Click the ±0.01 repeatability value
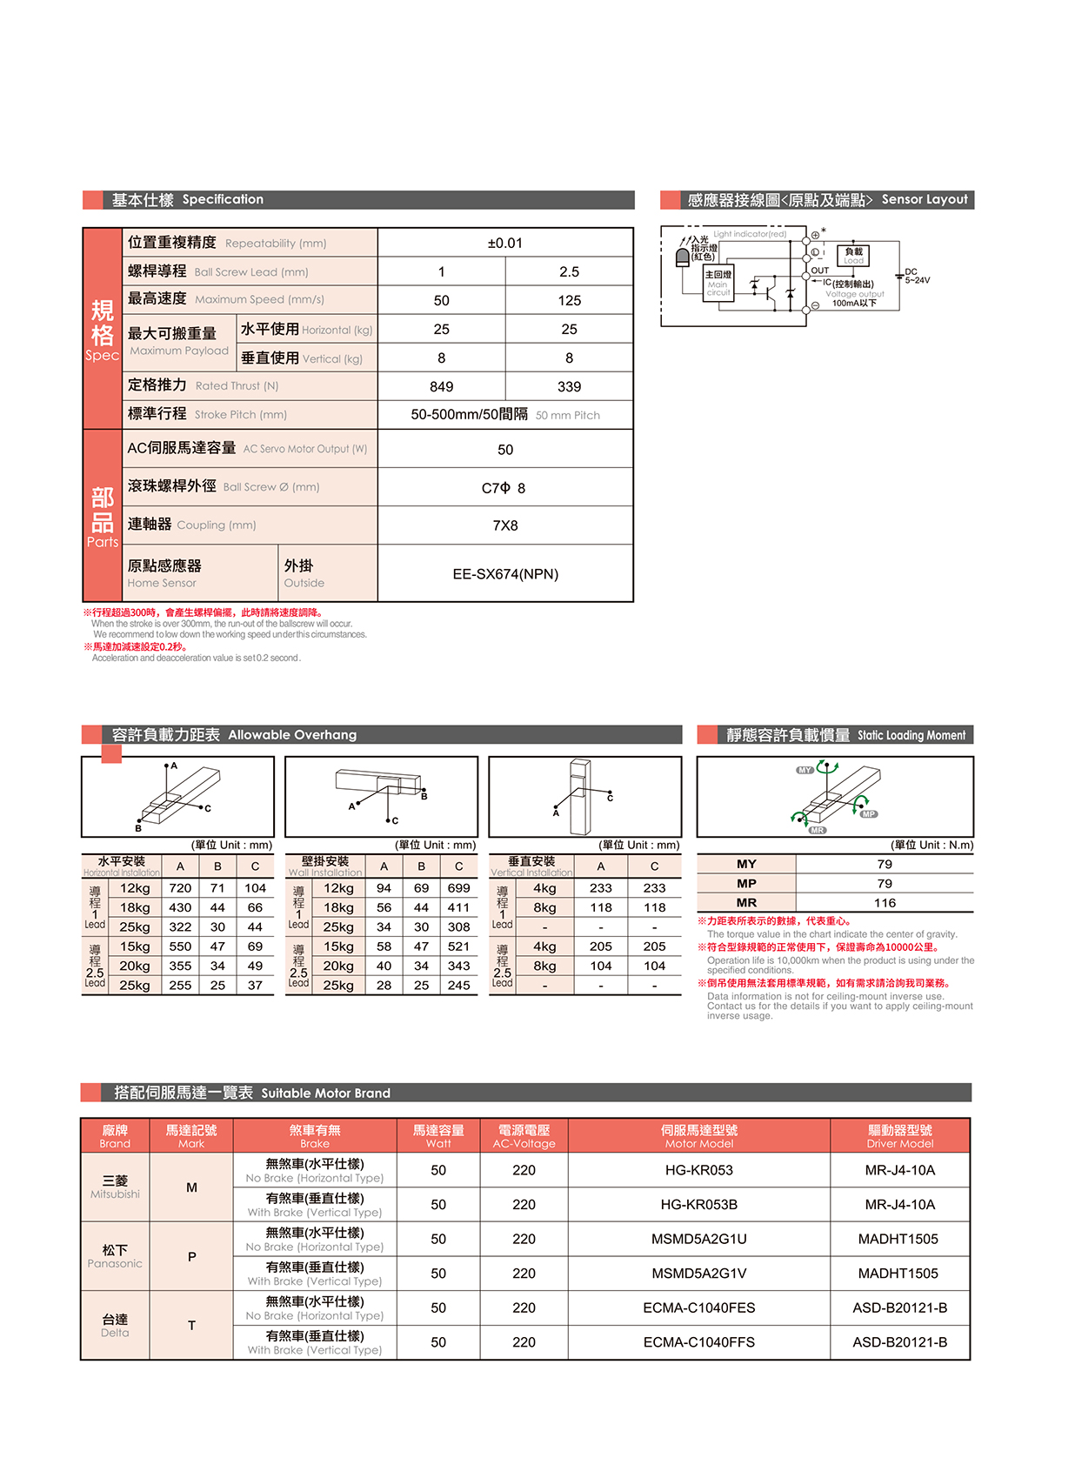pyautogui.click(x=504, y=244)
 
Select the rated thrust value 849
pyautogui.click(x=441, y=387)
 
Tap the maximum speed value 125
pyautogui.click(x=569, y=301)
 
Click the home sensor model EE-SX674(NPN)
pyautogui.click(x=505, y=574)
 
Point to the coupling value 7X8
pyautogui.click(x=504, y=525)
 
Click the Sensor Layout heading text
pyautogui.click(x=924, y=199)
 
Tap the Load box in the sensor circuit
pyautogui.click(x=853, y=256)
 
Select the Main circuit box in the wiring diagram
pyautogui.click(x=718, y=284)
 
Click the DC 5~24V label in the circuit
pyautogui.click(x=917, y=277)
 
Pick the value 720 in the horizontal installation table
pyautogui.click(x=180, y=888)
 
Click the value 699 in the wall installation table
pyautogui.click(x=458, y=888)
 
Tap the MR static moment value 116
pyautogui.click(x=885, y=903)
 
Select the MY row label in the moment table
pyautogui.click(x=746, y=864)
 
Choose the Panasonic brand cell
pyautogui.click(x=115, y=1256)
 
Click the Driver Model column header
pyautogui.click(x=899, y=1136)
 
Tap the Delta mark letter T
pyautogui.click(x=191, y=1326)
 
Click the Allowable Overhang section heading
pyautogui.click(x=292, y=735)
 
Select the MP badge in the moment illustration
pyautogui.click(x=869, y=814)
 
